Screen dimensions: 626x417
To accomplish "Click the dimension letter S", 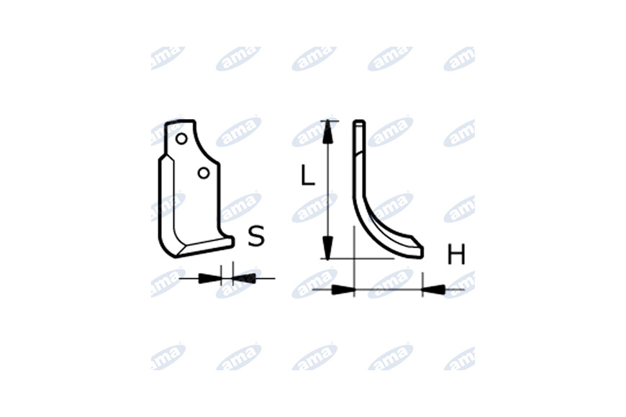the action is [256, 236].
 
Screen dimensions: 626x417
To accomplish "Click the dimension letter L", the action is [307, 175].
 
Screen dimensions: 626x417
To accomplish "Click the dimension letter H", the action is [456, 255].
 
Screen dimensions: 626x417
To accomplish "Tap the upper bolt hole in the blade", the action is [181, 139].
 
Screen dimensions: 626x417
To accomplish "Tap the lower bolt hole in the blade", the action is [204, 173].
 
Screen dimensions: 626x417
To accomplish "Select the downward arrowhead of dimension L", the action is [328, 247].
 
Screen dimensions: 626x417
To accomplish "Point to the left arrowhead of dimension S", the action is [209, 278].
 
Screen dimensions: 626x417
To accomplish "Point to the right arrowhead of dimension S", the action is [243, 278].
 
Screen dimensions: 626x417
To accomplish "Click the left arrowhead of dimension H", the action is [343, 289].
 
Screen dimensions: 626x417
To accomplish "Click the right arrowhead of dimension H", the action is [434, 289].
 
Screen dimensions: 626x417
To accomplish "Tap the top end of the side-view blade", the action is [359, 122].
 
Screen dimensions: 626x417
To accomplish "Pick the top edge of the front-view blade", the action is [181, 121].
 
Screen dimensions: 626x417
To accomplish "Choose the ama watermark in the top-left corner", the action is [168, 58].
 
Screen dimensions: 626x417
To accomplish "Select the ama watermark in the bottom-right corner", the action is [459, 358].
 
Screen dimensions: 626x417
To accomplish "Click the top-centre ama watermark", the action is [314, 59].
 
